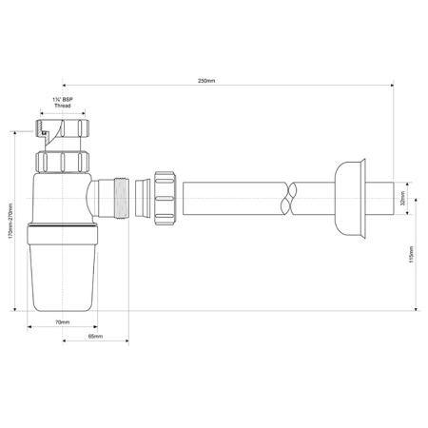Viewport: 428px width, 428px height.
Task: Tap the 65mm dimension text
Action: [x=95, y=337]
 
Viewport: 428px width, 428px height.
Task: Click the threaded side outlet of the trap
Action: [x=121, y=201]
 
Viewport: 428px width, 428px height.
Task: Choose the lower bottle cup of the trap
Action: [x=62, y=276]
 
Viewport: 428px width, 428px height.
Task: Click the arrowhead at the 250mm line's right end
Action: [x=392, y=88]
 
